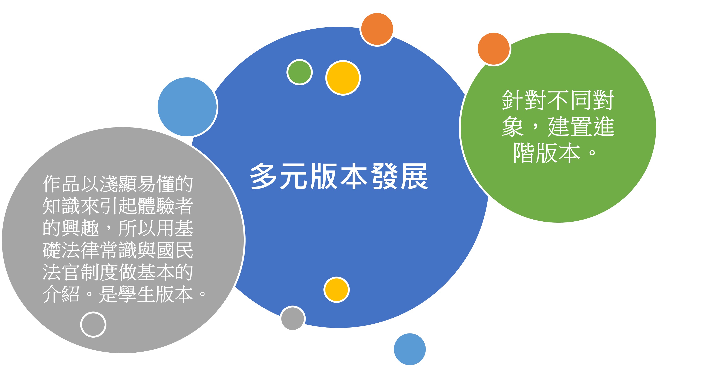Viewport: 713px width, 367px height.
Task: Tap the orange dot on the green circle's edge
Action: click(494, 49)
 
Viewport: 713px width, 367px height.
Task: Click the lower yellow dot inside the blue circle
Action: click(337, 290)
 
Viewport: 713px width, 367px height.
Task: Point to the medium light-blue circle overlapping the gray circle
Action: click(187, 107)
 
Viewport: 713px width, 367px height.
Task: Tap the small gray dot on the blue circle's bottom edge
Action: click(293, 318)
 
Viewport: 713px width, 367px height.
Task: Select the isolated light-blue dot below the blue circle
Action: click(410, 349)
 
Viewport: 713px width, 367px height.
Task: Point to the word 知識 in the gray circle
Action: click(61, 206)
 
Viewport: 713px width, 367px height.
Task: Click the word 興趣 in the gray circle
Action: click(80, 228)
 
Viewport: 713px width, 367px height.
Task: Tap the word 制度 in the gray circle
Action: click(99, 272)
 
